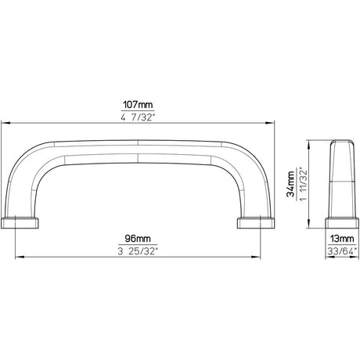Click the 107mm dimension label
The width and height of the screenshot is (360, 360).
138,105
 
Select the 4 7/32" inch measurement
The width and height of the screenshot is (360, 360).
138,117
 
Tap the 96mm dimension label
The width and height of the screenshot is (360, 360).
138,239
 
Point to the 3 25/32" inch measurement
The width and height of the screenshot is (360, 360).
138,251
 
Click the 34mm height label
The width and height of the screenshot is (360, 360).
290,184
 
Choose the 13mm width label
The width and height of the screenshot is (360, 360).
342,239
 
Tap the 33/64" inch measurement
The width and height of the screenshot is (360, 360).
342,251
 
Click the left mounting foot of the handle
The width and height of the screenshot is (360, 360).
20,223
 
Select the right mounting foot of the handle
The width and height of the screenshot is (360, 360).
256,223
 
